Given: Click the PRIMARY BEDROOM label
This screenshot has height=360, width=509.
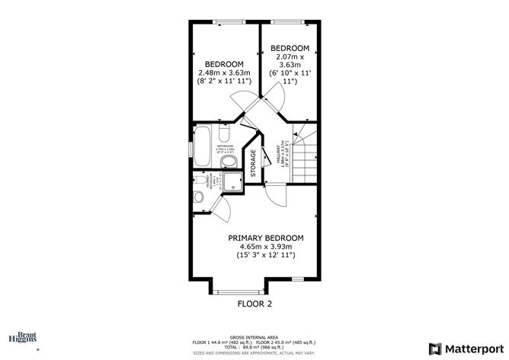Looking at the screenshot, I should click(266, 238).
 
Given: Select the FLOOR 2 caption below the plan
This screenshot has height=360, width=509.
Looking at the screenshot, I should click(254, 304).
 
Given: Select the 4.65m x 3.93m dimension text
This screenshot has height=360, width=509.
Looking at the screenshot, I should click(266, 247).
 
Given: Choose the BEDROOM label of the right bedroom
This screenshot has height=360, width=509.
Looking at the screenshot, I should click(290, 47).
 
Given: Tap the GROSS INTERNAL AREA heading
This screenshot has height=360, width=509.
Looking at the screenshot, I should click(253, 337).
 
